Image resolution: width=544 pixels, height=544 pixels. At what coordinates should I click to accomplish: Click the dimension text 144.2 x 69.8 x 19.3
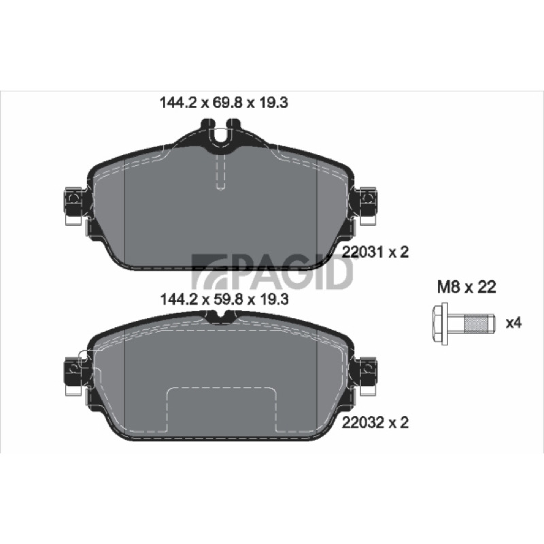(224, 103)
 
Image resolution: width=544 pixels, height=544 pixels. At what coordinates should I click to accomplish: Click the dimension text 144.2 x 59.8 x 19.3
(224, 299)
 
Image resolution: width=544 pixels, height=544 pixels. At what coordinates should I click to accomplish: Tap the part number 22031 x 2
(375, 252)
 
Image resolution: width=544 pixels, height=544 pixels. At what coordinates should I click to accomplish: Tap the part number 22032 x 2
(375, 422)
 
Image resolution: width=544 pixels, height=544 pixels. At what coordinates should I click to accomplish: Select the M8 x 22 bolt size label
(466, 287)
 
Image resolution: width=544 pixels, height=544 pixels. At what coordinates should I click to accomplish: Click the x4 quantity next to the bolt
(513, 323)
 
